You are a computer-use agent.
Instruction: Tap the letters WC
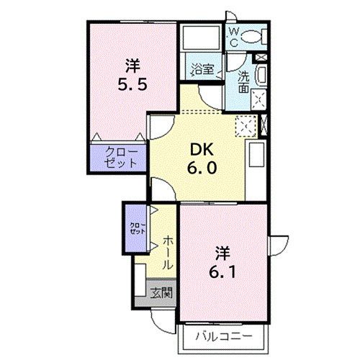[233, 37]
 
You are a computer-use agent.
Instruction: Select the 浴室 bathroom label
[202, 70]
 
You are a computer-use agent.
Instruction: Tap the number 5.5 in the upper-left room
[131, 84]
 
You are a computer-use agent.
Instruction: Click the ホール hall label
[167, 251]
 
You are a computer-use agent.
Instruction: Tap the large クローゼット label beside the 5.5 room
[120, 157]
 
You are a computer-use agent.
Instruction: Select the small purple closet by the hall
[136, 230]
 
